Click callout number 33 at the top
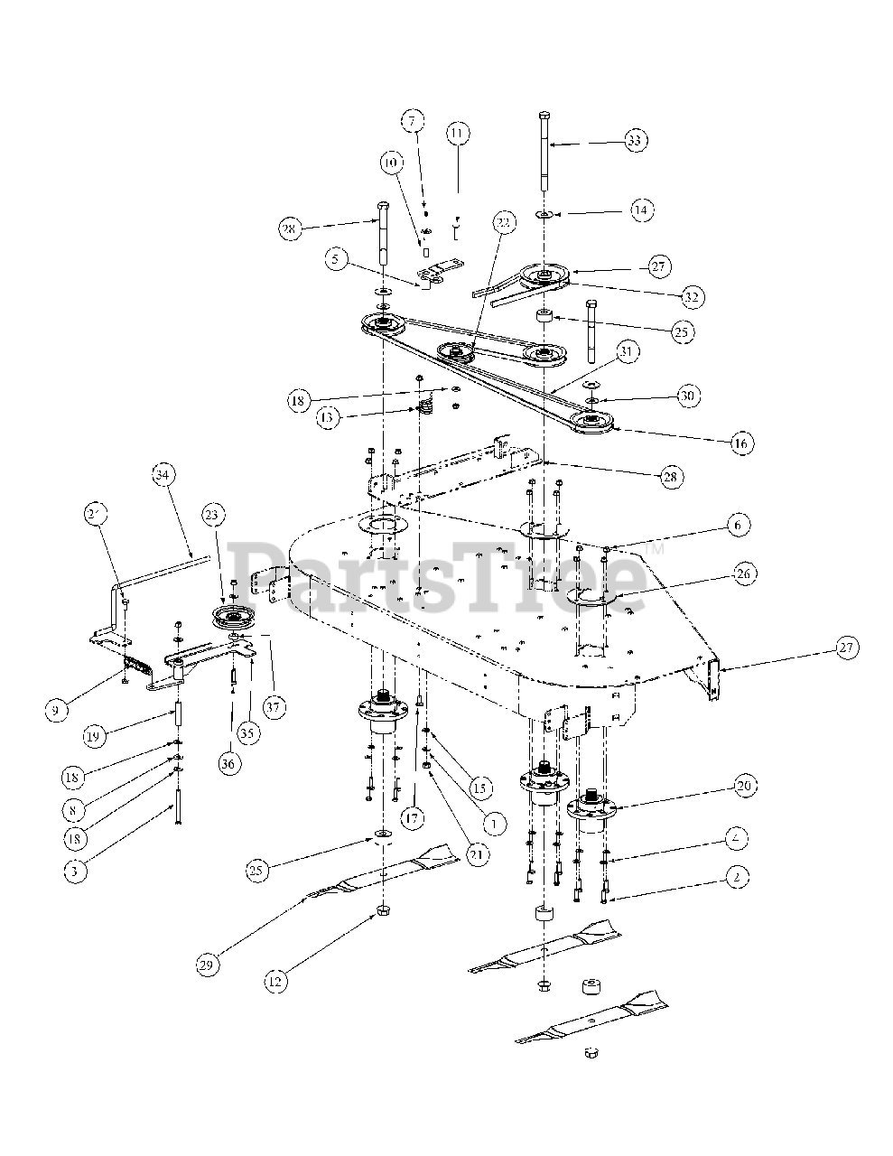637,140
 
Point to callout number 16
741,443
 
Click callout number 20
743,787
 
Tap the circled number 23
210,515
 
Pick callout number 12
278,977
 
